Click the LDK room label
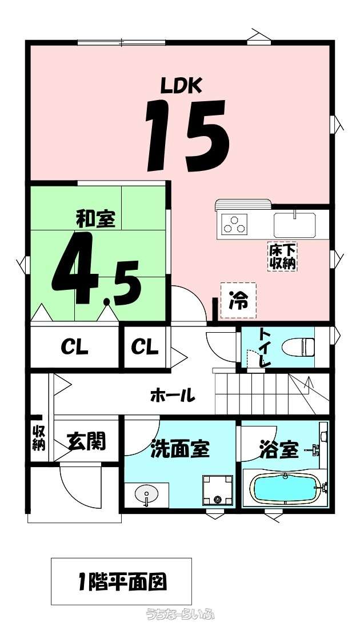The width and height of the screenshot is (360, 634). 181,86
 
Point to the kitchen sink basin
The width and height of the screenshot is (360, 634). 294,225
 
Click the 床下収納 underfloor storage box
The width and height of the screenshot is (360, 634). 283,256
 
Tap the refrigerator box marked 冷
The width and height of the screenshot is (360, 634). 238,301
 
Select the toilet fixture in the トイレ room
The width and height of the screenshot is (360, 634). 298,346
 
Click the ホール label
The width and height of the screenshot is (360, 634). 173,395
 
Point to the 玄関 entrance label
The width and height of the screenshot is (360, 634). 86,441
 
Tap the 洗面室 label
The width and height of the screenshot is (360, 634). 180,449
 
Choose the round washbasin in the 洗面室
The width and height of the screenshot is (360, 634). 146,494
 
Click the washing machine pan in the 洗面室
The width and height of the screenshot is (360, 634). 218,490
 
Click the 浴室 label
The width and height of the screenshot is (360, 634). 279,449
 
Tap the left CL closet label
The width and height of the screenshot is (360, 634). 75,348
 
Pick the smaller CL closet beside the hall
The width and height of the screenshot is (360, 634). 145,348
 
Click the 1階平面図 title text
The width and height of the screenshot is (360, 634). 121,582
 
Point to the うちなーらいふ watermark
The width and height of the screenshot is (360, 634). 180,613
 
